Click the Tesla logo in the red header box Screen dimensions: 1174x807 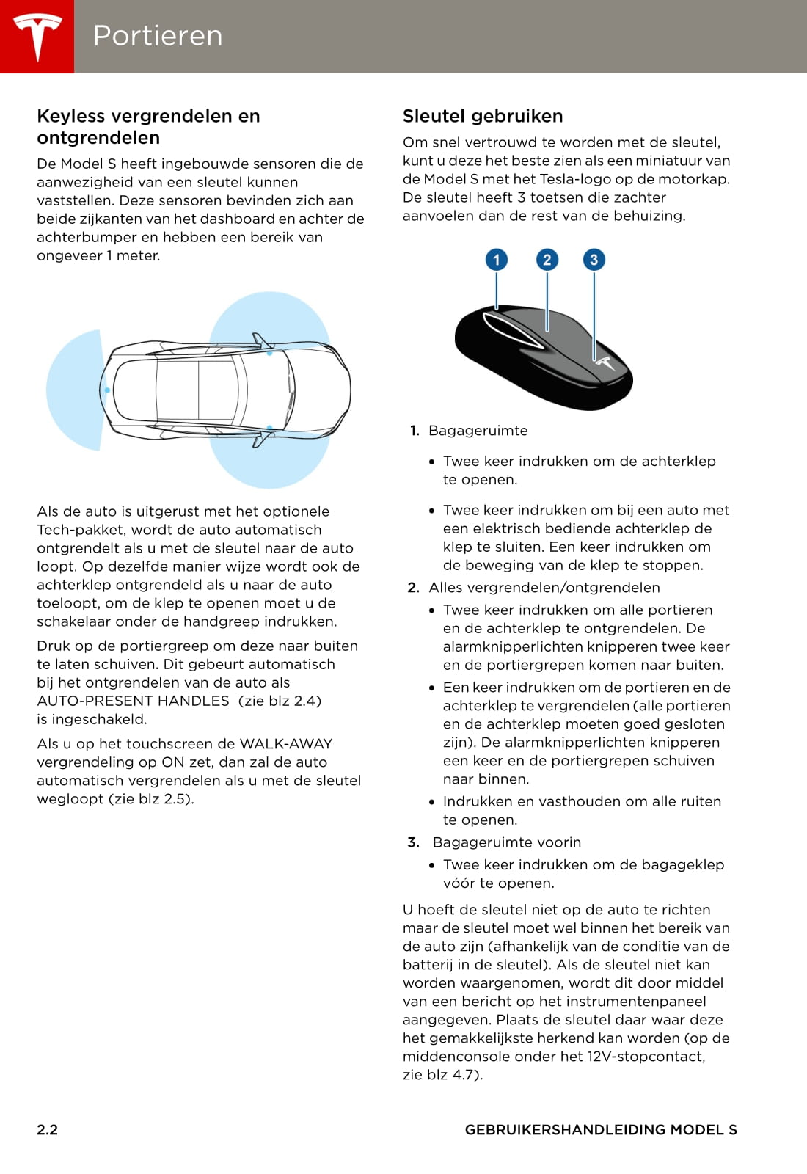[x=37, y=37]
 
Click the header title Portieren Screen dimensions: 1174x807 [x=158, y=36]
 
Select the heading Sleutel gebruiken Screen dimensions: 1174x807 [x=483, y=116]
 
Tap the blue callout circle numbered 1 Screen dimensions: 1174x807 [x=497, y=260]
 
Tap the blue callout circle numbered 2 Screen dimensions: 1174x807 [x=547, y=260]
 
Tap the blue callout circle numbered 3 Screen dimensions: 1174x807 [x=594, y=260]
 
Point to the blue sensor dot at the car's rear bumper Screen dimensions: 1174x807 [x=107, y=390]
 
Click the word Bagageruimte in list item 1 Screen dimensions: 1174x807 [x=478, y=431]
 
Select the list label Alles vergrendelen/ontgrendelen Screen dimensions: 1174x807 [x=544, y=588]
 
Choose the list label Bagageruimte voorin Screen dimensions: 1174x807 [x=506, y=842]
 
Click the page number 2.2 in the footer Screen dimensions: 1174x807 [x=48, y=1130]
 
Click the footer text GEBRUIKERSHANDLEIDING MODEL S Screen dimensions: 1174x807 [x=601, y=1130]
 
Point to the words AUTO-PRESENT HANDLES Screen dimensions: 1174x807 [x=133, y=701]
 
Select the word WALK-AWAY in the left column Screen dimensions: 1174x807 [x=286, y=744]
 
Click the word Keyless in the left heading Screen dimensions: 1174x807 [x=70, y=116]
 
